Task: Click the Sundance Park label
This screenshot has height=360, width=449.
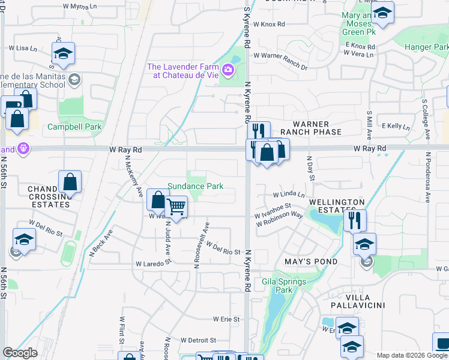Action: pos(195,186)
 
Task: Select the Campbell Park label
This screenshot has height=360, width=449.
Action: pos(75,127)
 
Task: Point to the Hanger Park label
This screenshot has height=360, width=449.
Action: pos(426,47)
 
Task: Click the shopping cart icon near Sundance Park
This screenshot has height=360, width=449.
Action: pos(176,207)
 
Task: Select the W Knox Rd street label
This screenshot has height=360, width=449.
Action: pos(269,25)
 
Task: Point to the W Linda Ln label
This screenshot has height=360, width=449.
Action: pos(289,195)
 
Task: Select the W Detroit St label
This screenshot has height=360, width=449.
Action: pos(197,340)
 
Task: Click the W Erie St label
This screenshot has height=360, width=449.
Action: pos(226,319)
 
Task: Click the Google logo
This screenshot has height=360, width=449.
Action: pos(20,353)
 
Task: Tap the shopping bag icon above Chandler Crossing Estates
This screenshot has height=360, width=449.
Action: pos(70,181)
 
